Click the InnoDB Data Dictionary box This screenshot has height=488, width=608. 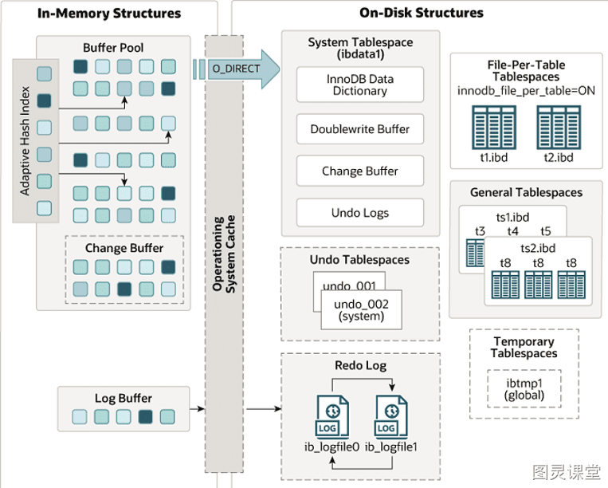point(360,85)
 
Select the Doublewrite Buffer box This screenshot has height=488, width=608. point(360,129)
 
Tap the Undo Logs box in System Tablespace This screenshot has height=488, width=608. point(360,213)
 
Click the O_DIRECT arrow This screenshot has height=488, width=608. point(237,69)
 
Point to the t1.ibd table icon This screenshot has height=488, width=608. point(493,128)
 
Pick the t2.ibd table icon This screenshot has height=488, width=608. point(559,128)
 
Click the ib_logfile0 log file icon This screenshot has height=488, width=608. point(332,416)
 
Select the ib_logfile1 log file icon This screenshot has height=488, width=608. point(390,416)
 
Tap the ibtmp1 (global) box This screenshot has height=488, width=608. point(524,388)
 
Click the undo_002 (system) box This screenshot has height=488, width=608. point(362,310)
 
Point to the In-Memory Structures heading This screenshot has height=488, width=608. point(109,14)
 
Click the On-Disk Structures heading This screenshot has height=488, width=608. point(422,13)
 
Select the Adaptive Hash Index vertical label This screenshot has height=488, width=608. point(25,141)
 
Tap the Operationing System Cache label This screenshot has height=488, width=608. point(224,254)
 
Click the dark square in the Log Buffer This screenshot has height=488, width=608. point(145,416)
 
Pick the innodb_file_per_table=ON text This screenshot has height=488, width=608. point(526,91)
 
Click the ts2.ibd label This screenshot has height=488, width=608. point(538,248)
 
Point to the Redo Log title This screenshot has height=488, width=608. point(361,365)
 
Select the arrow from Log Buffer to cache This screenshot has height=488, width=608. point(197,408)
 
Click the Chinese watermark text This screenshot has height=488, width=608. point(567,472)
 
